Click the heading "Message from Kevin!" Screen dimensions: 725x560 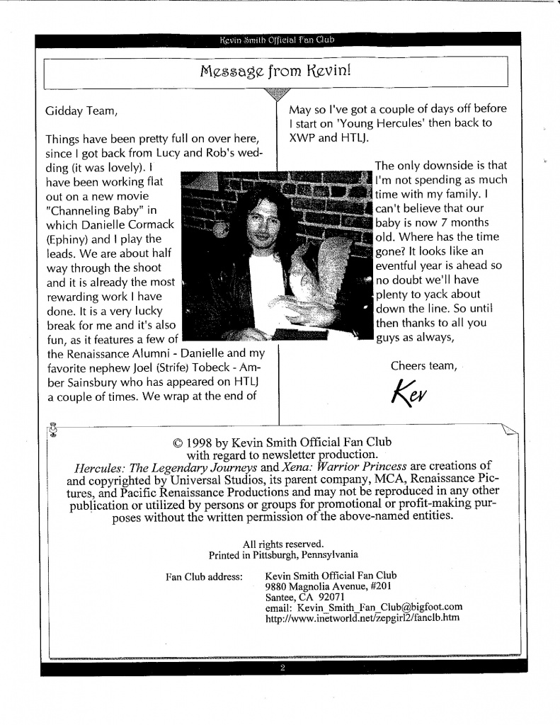coord(275,71)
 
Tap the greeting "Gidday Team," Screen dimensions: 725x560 coord(80,111)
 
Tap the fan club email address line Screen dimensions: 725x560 coord(363,607)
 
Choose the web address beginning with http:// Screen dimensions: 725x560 coord(362,617)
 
